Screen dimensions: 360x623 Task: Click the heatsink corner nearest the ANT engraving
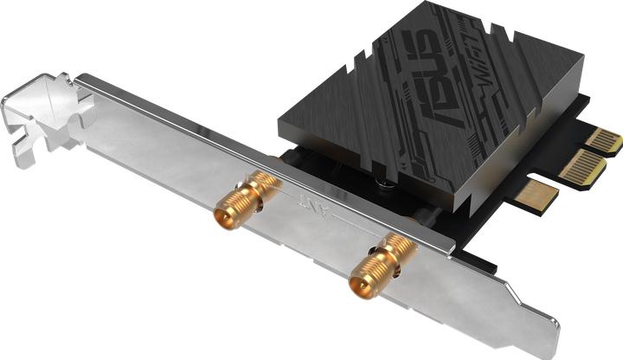pos(281,130)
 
